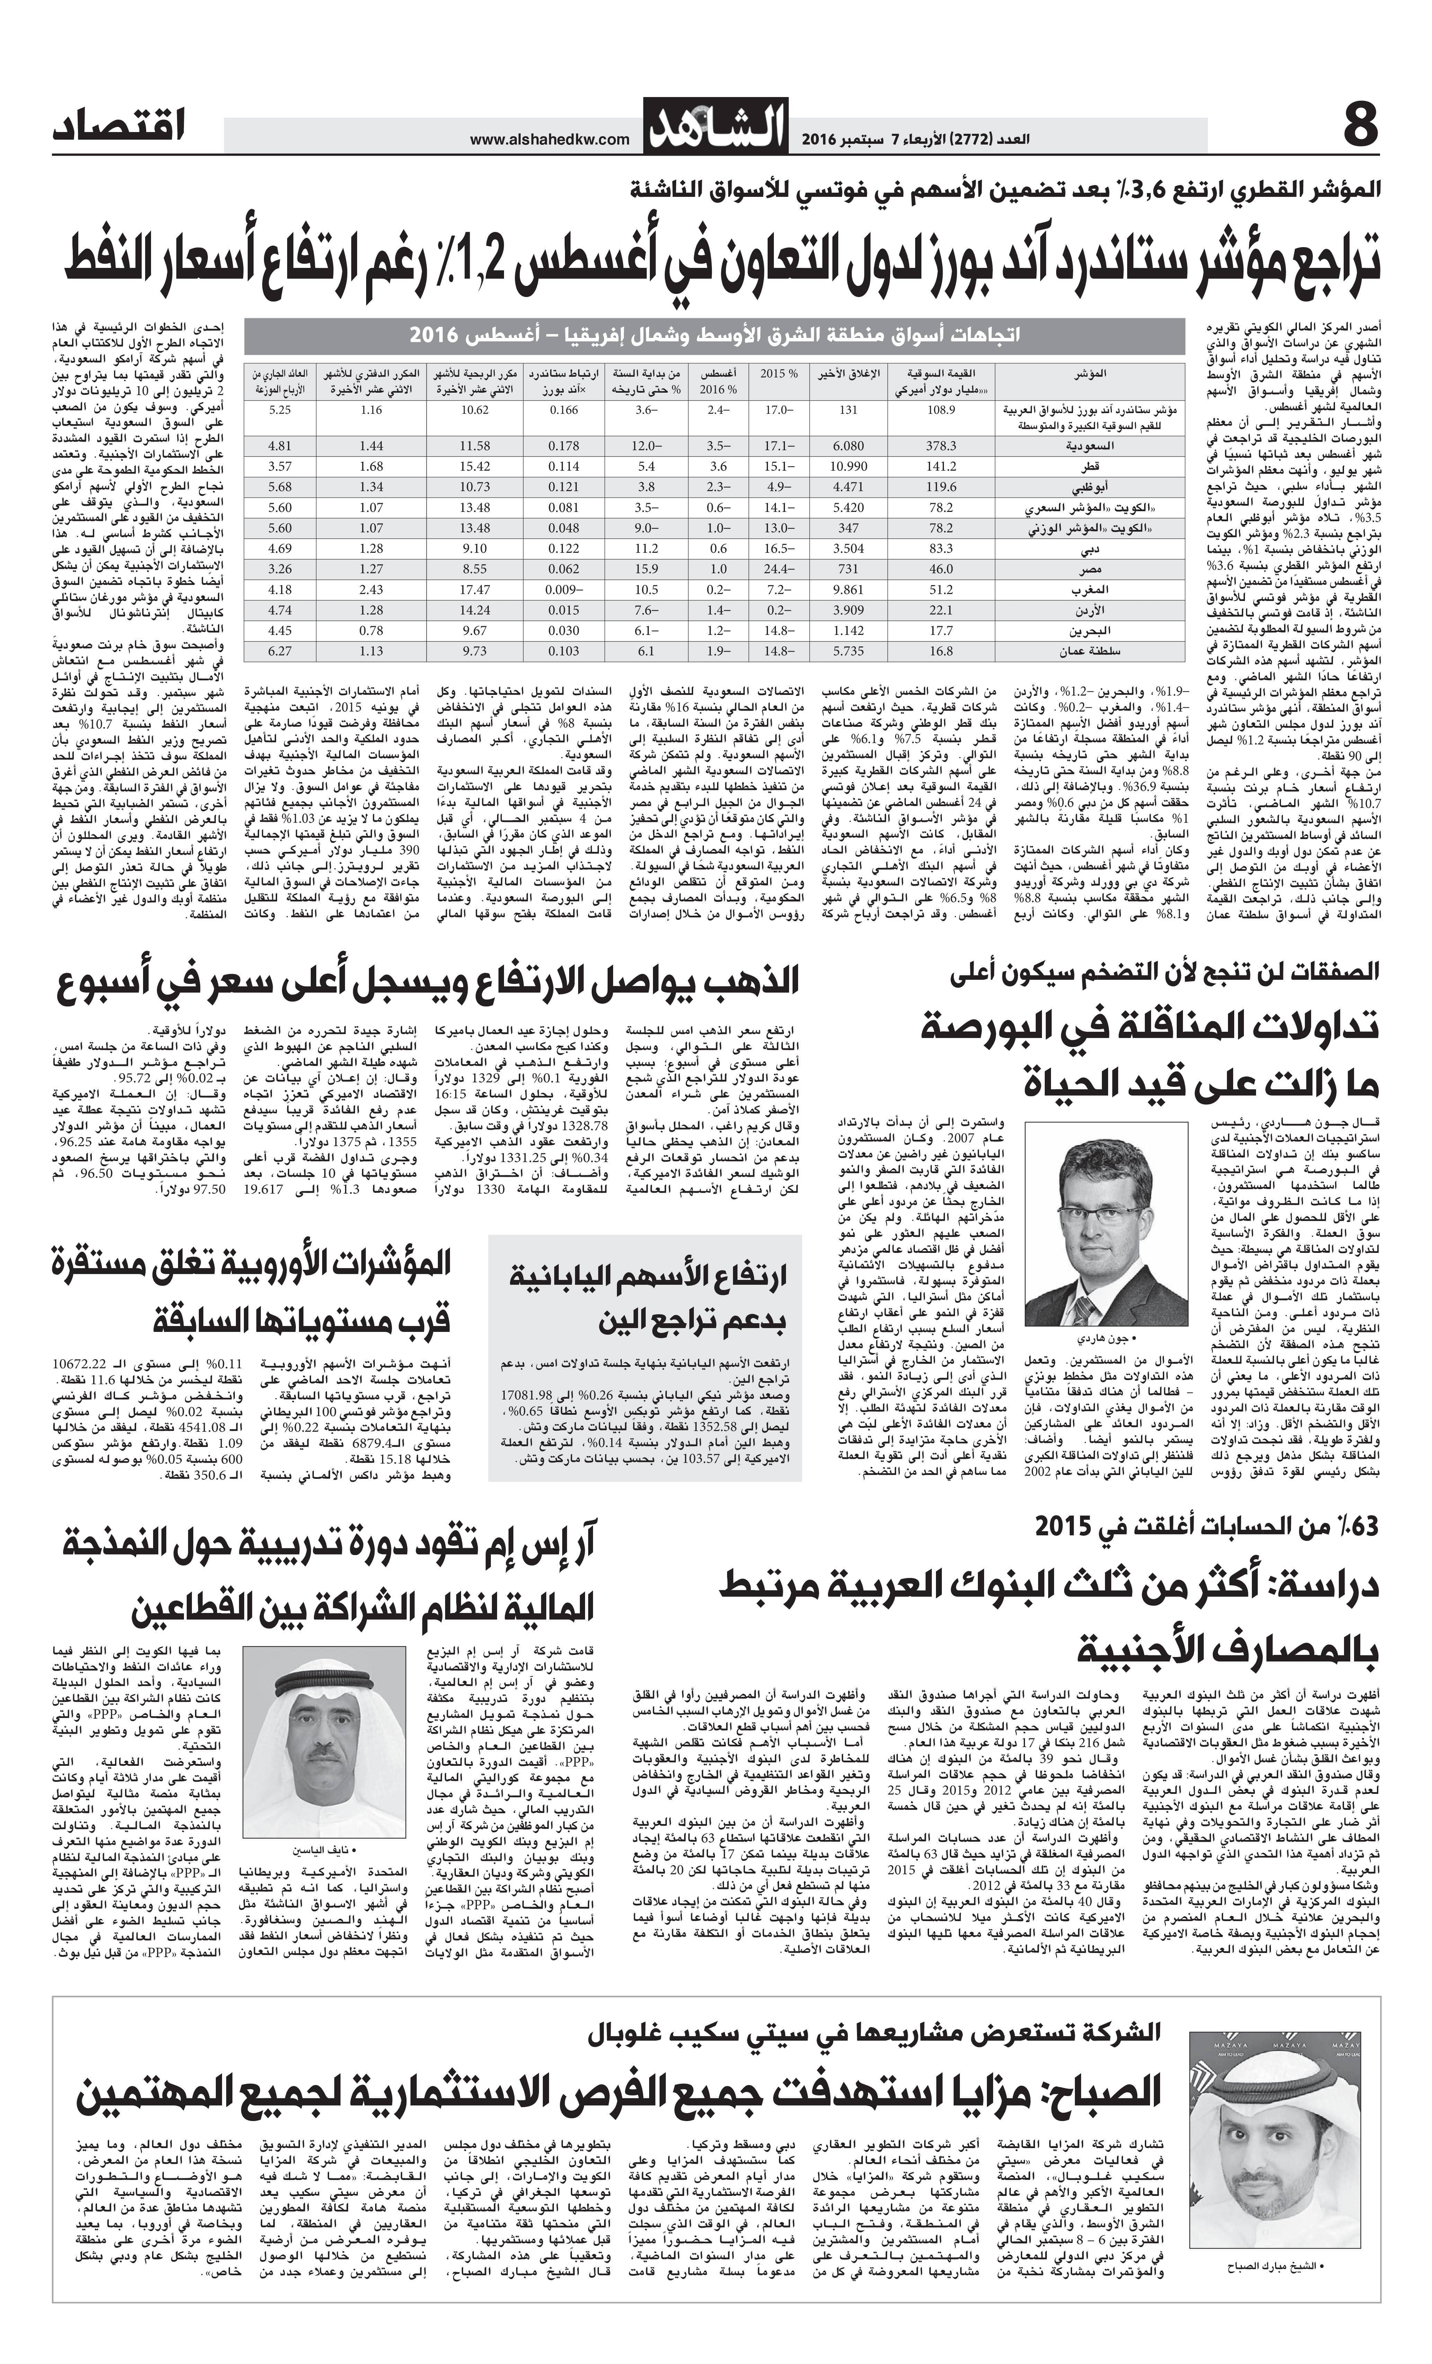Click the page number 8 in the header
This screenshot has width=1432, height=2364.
tap(1359, 128)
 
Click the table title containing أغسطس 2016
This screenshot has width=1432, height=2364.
tap(715, 336)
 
